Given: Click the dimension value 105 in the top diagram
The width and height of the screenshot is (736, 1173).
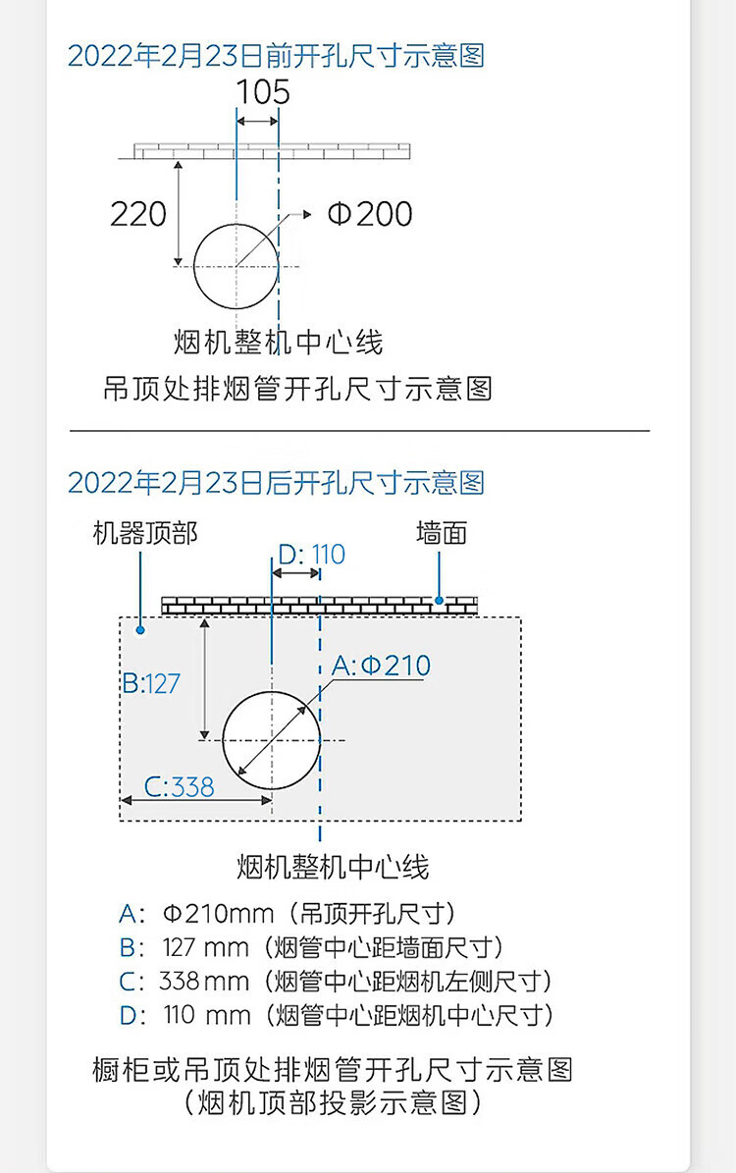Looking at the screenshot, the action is tap(263, 92).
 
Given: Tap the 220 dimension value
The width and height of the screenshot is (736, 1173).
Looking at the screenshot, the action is tap(138, 214).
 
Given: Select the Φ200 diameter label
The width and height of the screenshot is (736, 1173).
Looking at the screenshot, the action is tap(370, 214).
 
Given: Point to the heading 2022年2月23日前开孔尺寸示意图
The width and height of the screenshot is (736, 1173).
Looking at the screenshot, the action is tap(276, 55).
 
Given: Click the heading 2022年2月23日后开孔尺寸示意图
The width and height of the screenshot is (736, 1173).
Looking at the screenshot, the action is tap(276, 483).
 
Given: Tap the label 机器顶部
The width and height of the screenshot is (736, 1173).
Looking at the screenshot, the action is tap(145, 533).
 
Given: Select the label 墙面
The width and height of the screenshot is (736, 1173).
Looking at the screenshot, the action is tap(441, 533).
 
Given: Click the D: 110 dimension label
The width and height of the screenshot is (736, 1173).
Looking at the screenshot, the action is tap(311, 555).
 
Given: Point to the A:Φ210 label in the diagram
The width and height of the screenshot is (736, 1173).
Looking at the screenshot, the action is tap(381, 666).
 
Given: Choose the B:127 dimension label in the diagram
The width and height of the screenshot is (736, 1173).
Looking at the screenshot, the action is tap(152, 682).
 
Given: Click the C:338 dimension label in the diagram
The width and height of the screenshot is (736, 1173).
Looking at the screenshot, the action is tap(180, 786).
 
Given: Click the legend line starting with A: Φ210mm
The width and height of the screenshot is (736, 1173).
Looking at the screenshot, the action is tap(288, 914).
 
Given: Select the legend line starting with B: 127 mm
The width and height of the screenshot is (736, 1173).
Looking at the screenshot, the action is tap(311, 947).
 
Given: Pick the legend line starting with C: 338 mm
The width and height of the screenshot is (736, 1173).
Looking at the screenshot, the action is tap(335, 981).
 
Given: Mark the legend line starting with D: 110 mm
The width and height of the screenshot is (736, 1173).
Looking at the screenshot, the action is tap(337, 1014).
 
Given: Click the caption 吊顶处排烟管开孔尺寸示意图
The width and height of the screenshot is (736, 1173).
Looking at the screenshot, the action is tap(297, 389).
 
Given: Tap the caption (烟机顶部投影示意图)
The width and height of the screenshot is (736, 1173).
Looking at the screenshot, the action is tap(333, 1102).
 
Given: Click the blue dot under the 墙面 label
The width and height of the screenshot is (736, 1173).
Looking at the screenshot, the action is tap(441, 600).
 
